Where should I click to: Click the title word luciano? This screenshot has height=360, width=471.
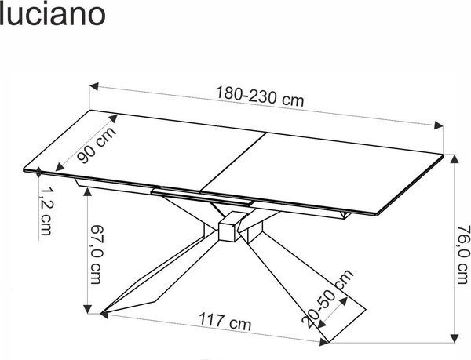click(53, 15)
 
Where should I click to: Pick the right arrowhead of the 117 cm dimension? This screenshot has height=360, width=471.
click(323, 341)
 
